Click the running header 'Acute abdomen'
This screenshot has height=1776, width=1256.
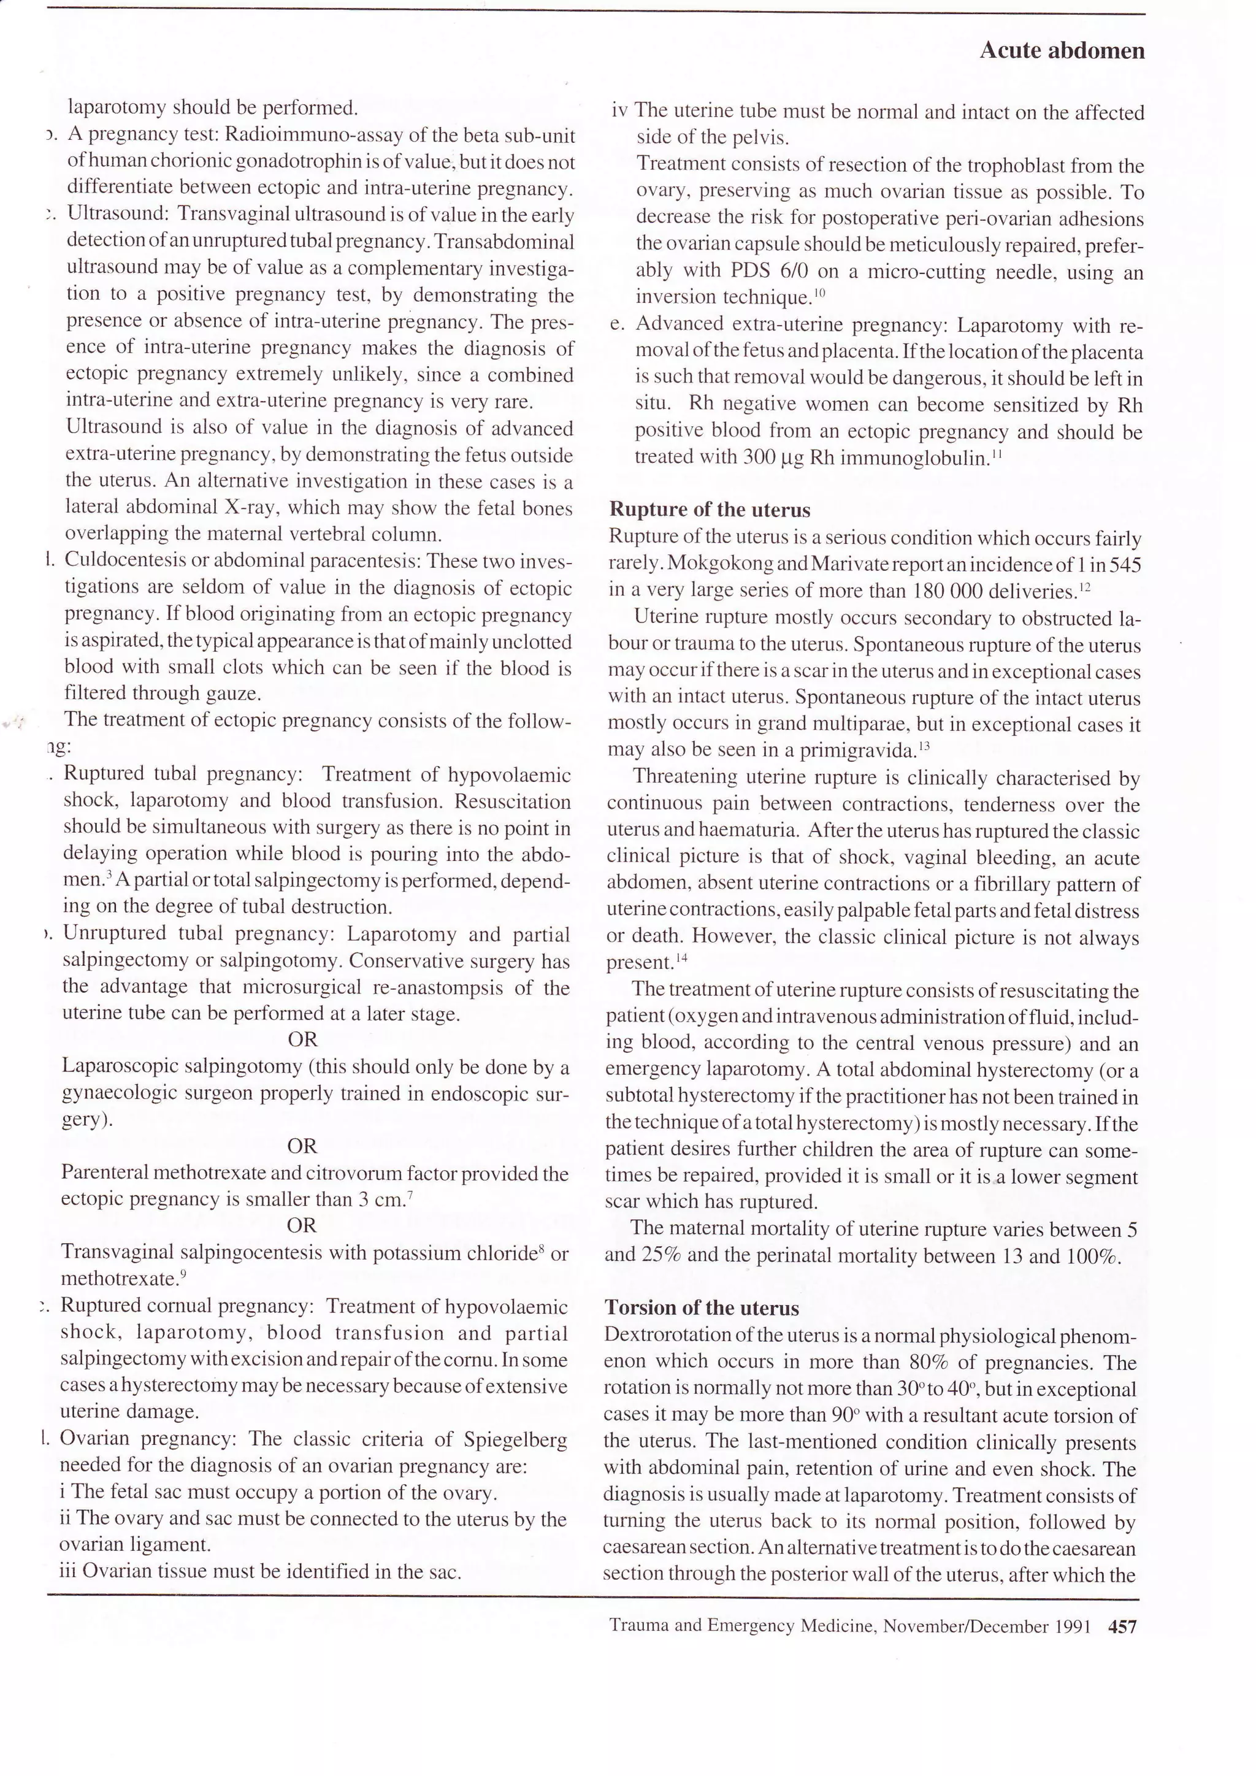coord(1061,51)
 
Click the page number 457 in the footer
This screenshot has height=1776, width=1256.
coord(1122,1627)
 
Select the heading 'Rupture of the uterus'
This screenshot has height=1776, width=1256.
coord(709,510)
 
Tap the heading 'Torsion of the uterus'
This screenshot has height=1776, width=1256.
coord(702,1308)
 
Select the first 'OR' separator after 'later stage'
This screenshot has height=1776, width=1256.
coord(302,1039)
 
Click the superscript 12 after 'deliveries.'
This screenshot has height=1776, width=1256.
coord(1084,587)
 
